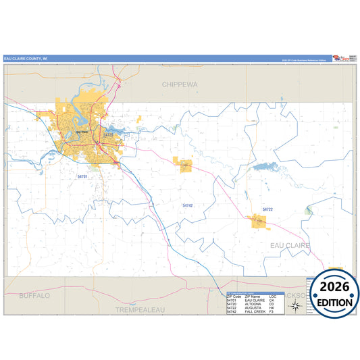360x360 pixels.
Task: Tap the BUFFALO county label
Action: point(34,296)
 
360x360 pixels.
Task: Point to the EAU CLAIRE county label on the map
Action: point(290,245)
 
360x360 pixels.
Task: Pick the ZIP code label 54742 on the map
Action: point(187,205)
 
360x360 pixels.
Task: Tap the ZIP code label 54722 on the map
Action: point(267,209)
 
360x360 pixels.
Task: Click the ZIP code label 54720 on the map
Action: point(108,135)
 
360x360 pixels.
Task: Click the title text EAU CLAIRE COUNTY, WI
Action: point(26,59)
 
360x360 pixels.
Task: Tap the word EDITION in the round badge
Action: point(335,303)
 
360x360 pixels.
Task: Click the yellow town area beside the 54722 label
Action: point(257,221)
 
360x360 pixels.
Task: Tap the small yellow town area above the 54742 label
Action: point(183,164)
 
